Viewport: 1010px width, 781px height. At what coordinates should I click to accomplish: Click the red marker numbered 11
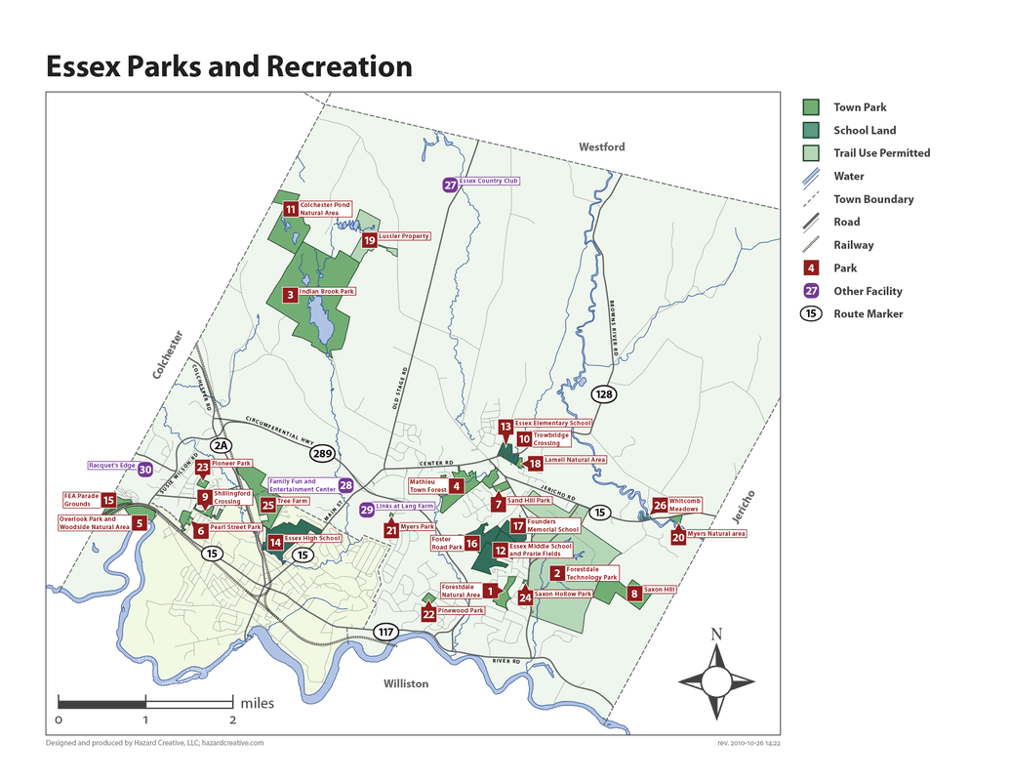click(290, 209)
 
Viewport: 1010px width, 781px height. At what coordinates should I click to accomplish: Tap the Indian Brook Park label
click(327, 292)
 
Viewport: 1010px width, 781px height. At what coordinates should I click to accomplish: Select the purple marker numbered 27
click(450, 185)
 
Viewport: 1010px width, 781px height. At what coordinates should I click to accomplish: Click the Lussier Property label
click(403, 236)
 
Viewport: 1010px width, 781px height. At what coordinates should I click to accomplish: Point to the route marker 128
click(604, 394)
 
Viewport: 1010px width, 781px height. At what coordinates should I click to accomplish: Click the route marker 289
click(323, 453)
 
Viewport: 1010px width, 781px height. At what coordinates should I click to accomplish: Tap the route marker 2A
click(221, 446)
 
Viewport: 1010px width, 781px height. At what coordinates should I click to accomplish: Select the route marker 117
click(386, 632)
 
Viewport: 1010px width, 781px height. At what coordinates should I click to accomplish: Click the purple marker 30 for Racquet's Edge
click(145, 470)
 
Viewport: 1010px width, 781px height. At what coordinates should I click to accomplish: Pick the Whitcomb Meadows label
click(684, 505)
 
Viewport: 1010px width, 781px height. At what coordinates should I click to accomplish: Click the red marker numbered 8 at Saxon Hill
click(633, 593)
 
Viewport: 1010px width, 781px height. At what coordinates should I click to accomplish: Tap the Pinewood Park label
click(461, 611)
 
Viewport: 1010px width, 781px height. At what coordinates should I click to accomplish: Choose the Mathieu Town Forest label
click(427, 485)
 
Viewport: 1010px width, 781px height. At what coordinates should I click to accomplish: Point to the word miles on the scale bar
click(257, 703)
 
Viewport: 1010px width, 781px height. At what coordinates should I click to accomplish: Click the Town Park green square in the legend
click(811, 107)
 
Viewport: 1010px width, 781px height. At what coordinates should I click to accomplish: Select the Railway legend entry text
click(853, 245)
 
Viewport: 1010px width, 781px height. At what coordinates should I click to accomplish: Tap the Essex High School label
click(312, 539)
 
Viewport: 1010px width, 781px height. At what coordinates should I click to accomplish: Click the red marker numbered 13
click(505, 427)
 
